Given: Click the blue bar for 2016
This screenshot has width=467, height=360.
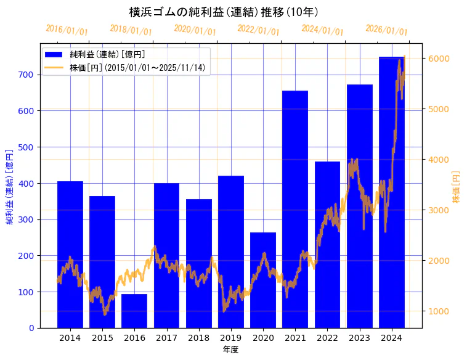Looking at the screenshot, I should pos(134,311).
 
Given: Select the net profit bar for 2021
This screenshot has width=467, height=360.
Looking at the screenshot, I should pos(295,210).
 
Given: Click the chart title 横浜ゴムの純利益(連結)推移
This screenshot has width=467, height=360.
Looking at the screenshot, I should pos(224,12).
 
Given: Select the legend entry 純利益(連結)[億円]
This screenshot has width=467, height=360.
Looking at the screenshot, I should pos(107,55).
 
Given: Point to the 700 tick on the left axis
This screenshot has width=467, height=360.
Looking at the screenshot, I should pos(28,75).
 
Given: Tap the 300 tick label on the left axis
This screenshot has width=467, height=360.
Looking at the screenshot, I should pos(28,219).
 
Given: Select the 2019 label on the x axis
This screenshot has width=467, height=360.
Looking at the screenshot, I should pos(231,338).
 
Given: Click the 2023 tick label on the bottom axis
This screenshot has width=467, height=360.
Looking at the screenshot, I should pos(360,338).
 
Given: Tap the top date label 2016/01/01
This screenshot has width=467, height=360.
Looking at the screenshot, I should pos(67,30).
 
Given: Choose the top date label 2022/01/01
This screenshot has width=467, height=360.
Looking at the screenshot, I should pos(259,30).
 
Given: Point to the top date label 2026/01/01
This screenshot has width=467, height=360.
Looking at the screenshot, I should pos(386,30).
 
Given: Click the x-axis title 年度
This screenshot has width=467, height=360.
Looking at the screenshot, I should pos(231,350).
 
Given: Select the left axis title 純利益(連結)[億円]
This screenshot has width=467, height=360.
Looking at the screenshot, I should pos(10,186).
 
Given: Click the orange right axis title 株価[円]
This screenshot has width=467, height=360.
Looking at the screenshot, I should pos(457,187).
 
